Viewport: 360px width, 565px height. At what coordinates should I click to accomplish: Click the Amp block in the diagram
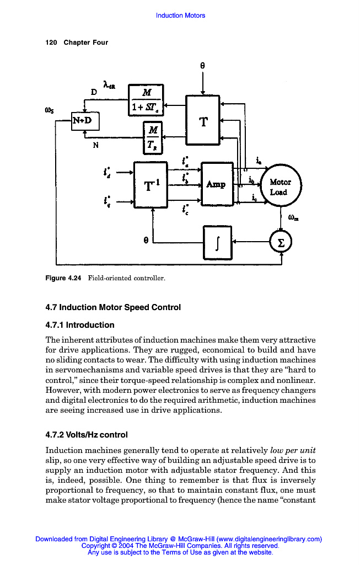click(x=217, y=184)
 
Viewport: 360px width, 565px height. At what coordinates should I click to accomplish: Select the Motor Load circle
click(x=281, y=187)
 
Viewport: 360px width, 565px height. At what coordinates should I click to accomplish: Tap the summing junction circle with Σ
click(x=281, y=242)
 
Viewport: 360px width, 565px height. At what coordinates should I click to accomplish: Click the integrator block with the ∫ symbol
click(x=218, y=242)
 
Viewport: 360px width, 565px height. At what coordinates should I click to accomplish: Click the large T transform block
click(x=203, y=122)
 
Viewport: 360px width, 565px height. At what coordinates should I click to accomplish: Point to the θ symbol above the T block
click(x=203, y=65)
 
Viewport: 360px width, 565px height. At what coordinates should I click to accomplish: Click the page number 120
click(x=51, y=42)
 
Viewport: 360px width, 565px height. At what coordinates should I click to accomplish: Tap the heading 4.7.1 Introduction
click(x=80, y=325)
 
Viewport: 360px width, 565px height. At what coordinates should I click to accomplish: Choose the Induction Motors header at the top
click(x=180, y=15)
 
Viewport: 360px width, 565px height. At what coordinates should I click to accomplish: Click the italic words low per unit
click(x=293, y=451)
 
